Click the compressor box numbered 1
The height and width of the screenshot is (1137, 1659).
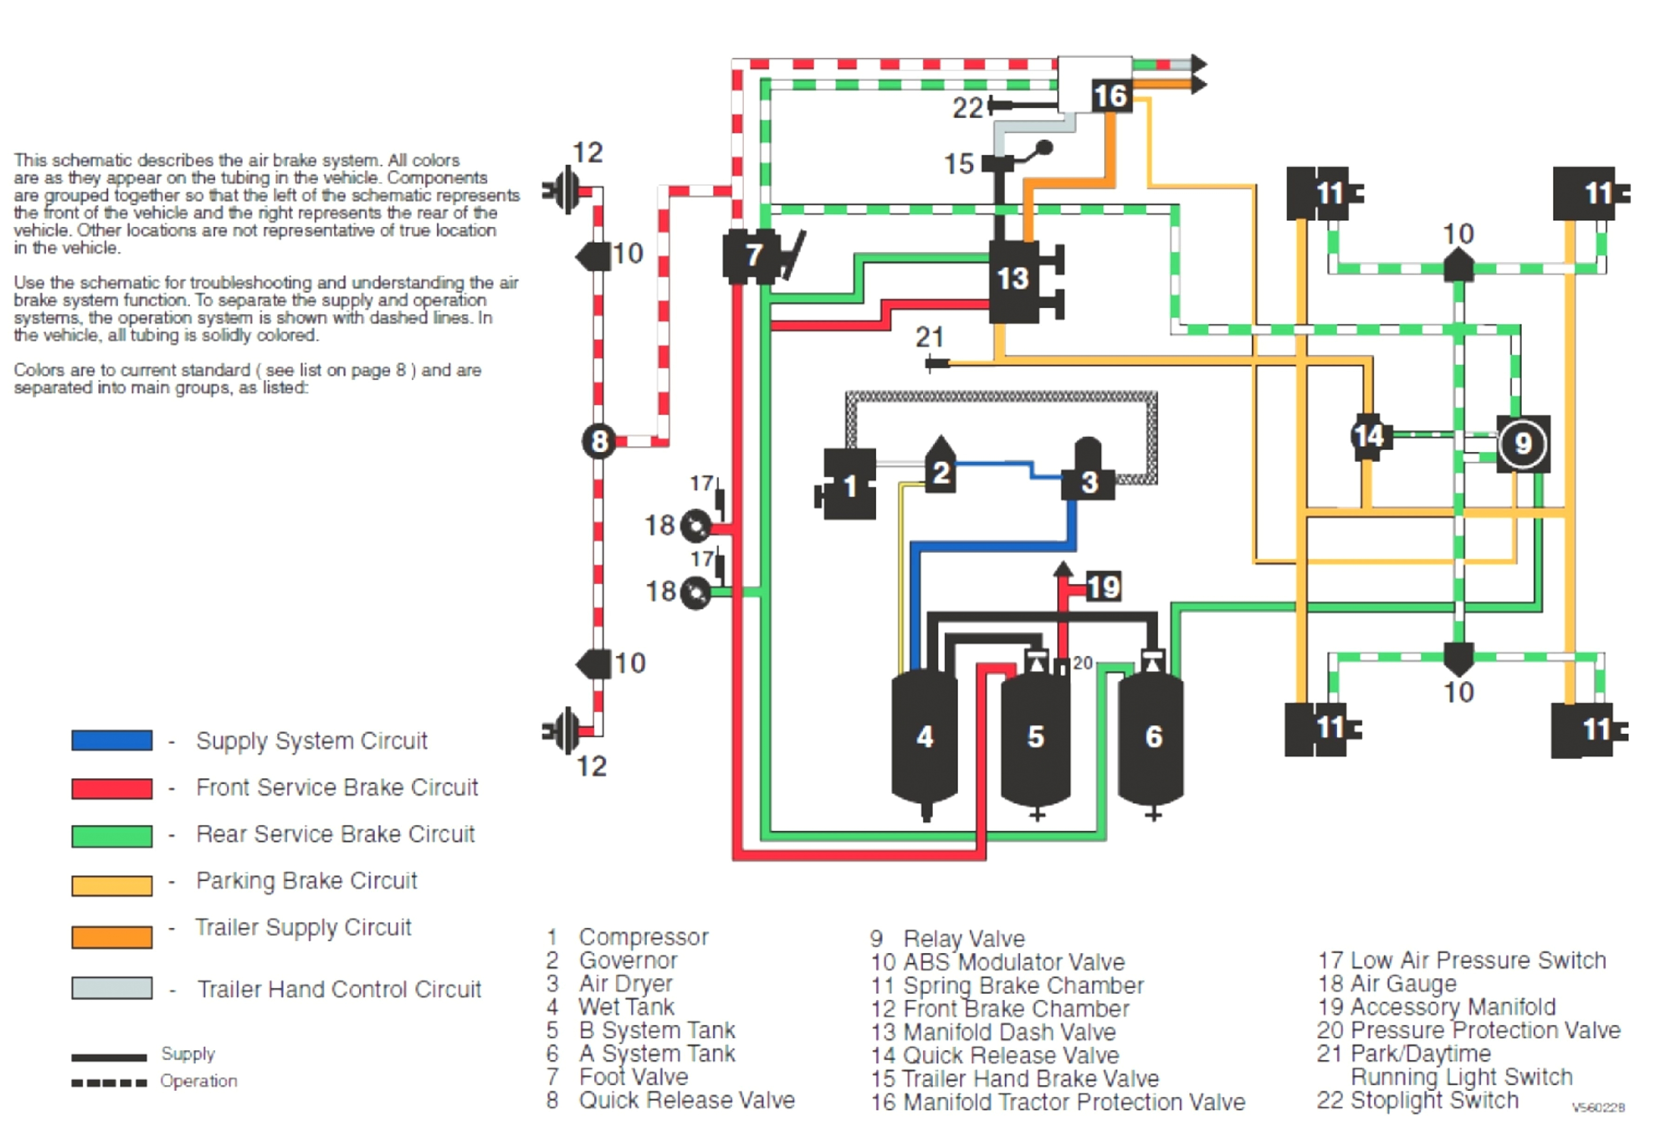tap(849, 485)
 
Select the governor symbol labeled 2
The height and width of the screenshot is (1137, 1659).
tap(941, 471)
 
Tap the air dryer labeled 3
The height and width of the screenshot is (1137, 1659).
tap(1088, 480)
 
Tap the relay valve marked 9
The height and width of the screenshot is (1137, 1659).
tap(1523, 443)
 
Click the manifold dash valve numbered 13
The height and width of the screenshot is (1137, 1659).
tap(1013, 280)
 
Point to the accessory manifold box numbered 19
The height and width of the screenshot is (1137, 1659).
tap(1104, 587)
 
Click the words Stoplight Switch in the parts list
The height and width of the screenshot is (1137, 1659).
tap(1434, 1100)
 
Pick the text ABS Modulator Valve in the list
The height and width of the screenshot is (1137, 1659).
tap(1013, 961)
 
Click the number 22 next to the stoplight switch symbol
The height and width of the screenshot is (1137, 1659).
tap(967, 108)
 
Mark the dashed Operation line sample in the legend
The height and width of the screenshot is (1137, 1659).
tap(109, 1082)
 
